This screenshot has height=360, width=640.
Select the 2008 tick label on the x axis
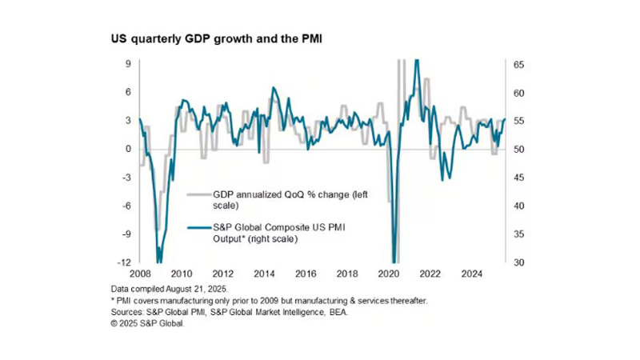(140, 271)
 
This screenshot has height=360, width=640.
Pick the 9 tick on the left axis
(128, 64)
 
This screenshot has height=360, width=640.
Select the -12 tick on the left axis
(125, 262)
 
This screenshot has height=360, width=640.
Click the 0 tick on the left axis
(128, 149)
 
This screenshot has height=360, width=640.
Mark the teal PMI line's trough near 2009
(159, 260)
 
